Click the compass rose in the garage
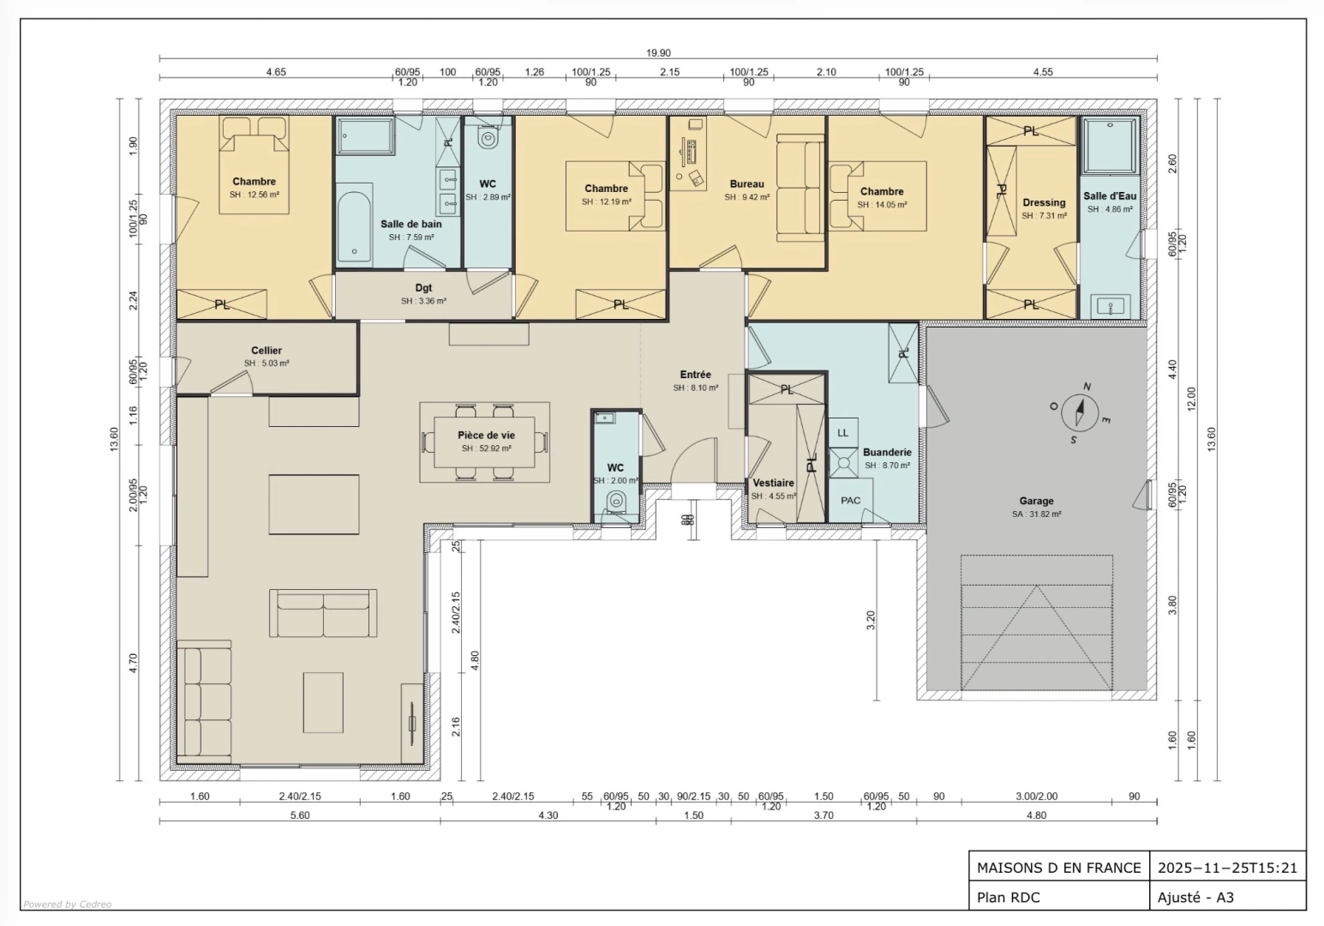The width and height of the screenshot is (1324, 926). click(x=1079, y=412)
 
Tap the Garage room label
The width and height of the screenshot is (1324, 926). click(x=1036, y=501)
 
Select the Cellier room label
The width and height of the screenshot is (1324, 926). click(x=266, y=351)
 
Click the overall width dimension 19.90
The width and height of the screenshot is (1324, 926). click(x=658, y=52)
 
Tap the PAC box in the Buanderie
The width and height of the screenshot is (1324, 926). click(x=851, y=500)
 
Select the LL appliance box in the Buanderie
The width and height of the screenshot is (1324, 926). click(x=843, y=432)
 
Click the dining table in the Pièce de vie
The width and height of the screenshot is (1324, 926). click(x=485, y=442)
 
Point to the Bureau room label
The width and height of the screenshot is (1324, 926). click(x=746, y=183)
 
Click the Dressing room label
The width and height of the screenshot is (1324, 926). click(x=1044, y=202)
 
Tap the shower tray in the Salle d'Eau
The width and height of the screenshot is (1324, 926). click(x=1110, y=146)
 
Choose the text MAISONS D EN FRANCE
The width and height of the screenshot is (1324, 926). click(x=1058, y=868)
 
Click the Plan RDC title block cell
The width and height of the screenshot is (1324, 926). click(x=1059, y=897)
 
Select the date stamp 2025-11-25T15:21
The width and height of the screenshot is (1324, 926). click(x=1227, y=868)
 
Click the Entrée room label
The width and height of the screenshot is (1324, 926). click(x=695, y=375)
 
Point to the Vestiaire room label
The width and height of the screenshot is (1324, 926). click(x=773, y=483)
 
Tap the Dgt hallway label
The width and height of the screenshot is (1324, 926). click(x=423, y=288)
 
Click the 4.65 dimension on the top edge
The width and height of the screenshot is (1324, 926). click(x=275, y=71)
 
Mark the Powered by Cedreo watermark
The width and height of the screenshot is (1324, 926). click(x=68, y=904)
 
